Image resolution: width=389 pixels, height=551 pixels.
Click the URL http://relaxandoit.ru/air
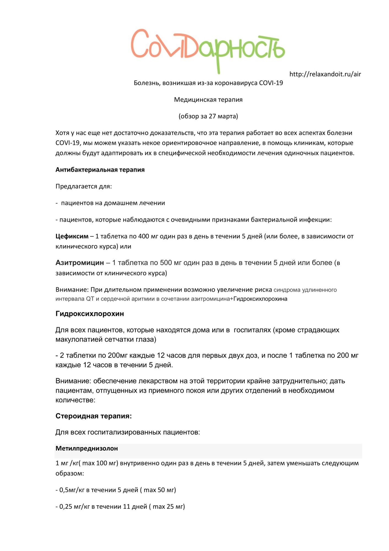(x=325, y=74)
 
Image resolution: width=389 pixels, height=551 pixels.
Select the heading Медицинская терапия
(x=208, y=100)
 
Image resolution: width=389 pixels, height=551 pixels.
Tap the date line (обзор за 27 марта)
(x=208, y=116)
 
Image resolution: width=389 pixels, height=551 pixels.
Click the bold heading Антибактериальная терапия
(x=100, y=170)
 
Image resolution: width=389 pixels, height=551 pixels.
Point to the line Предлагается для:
(x=84, y=187)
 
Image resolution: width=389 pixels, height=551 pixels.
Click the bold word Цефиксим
(x=72, y=236)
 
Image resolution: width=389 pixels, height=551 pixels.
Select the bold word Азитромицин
(x=80, y=263)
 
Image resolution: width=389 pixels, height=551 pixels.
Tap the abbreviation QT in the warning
(x=90, y=299)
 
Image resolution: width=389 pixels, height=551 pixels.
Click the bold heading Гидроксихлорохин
(x=90, y=314)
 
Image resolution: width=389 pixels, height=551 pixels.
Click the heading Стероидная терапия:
(x=94, y=416)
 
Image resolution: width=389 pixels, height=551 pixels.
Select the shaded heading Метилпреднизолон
(x=87, y=449)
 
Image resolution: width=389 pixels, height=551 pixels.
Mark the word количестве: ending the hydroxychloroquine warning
(x=75, y=400)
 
